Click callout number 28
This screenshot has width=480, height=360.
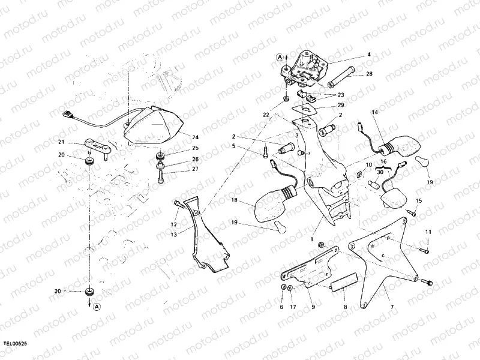coord(368,74)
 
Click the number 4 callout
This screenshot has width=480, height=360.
coord(368,55)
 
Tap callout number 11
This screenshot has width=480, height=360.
coord(428,232)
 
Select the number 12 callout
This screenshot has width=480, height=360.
coord(174,224)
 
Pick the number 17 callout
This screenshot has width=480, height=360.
coord(293,307)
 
